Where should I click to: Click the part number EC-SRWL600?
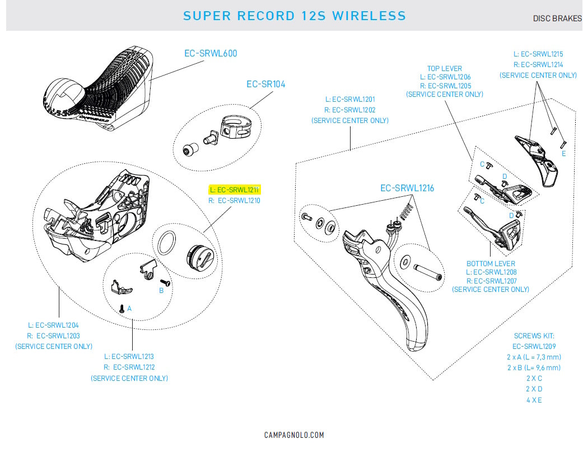tap(211, 54)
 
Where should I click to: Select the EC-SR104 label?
tap(266, 84)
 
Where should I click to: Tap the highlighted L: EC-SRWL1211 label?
tap(236, 190)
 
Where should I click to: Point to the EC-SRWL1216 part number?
tap(407, 188)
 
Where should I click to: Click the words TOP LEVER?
tap(445, 68)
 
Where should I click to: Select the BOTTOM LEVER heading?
tap(491, 263)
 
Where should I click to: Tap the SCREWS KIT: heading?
tap(534, 336)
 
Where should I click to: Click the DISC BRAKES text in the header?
tap(557, 18)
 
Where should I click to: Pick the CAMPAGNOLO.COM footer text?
tap(294, 435)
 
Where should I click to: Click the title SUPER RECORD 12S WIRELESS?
tap(295, 16)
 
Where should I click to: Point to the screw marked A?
tap(122, 308)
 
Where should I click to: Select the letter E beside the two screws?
tap(563, 153)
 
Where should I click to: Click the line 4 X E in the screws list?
tap(533, 400)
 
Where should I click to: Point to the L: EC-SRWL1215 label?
tap(538, 54)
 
